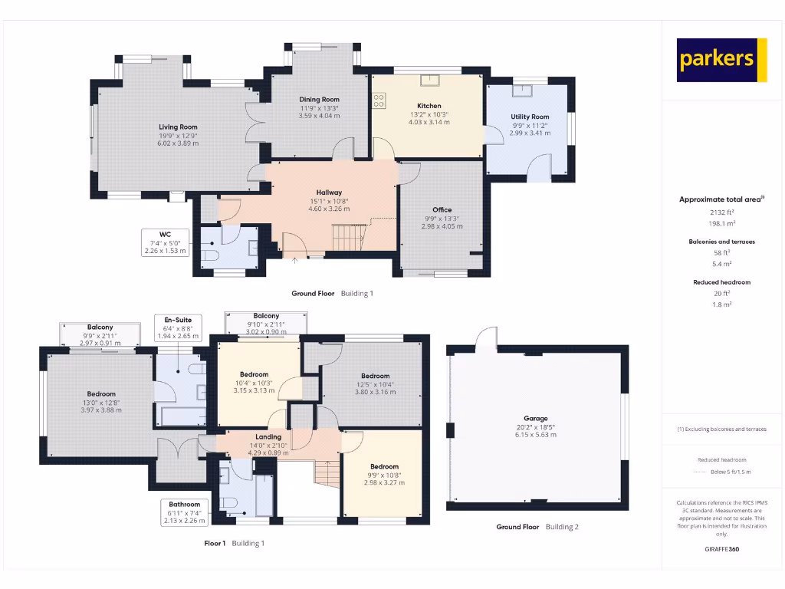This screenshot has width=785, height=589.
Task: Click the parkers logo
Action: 721,60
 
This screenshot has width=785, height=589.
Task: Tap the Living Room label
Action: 178,127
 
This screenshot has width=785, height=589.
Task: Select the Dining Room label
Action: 319,100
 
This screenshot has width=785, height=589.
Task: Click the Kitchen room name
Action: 429,106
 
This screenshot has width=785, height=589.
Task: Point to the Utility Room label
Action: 530,117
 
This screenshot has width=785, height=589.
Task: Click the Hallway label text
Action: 329,192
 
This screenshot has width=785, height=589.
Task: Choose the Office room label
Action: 442,209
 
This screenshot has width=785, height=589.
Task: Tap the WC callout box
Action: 165,242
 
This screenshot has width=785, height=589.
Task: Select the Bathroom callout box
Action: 185,513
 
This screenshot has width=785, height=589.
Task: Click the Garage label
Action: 536,419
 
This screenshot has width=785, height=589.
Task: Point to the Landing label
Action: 268,437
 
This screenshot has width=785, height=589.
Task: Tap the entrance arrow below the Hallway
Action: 295,261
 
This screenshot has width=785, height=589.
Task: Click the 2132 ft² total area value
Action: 721,212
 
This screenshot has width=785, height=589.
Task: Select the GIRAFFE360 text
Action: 721,549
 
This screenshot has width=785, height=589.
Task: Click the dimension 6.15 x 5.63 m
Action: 536,435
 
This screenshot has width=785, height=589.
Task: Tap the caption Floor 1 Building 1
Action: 235,543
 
